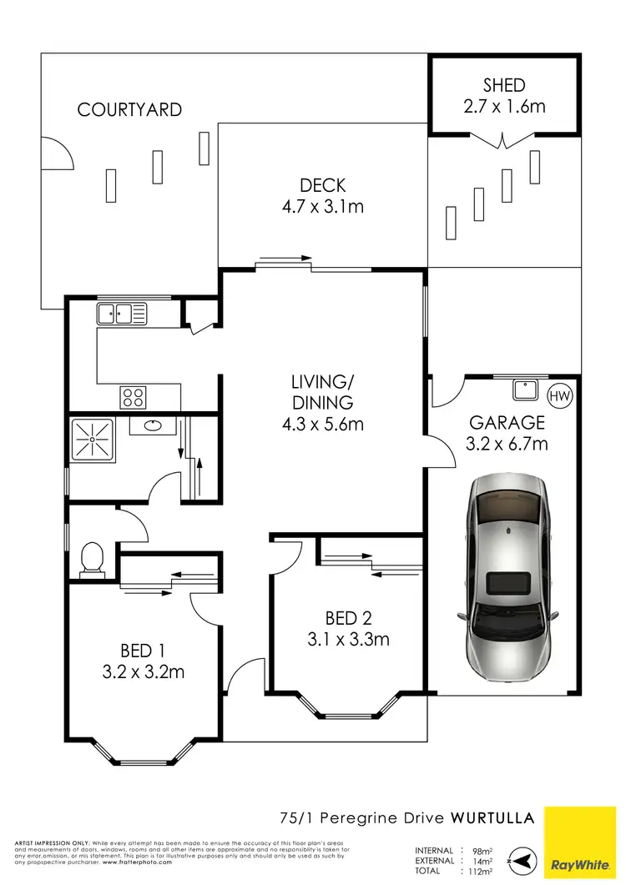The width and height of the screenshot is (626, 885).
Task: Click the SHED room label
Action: (504, 85)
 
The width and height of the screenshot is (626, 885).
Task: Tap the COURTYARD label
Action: (129, 109)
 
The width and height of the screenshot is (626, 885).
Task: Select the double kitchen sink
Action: (121, 314)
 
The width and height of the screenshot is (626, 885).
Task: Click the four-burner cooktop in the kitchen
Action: (133, 395)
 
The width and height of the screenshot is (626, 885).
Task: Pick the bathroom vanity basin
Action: (152, 425)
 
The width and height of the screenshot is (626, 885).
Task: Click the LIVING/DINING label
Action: (322, 392)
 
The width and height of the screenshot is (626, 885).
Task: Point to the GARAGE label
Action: (506, 423)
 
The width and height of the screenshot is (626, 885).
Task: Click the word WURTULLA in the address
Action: (492, 817)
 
